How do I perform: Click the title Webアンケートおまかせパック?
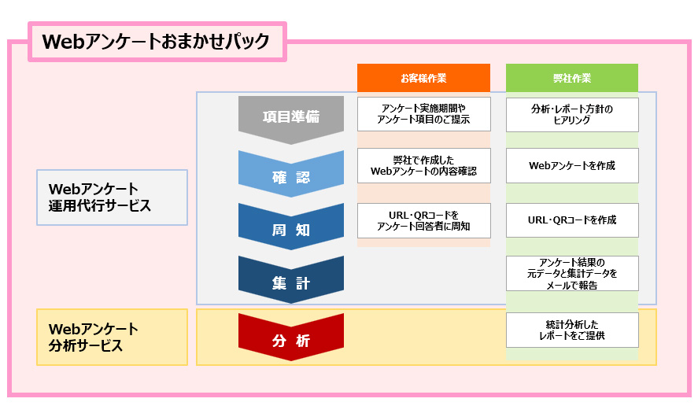tap(156, 42)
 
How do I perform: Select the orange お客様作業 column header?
tap(423, 78)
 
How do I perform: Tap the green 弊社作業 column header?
tap(572, 78)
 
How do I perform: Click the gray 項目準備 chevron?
tap(291, 117)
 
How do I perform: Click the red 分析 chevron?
tap(291, 340)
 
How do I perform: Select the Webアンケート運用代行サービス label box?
tap(112, 197)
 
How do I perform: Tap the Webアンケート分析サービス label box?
tap(112, 337)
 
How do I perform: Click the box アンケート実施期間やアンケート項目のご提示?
tap(423, 113)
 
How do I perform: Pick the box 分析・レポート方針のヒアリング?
tap(572, 114)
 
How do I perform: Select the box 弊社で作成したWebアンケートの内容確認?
tap(423, 165)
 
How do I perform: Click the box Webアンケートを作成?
tap(572, 165)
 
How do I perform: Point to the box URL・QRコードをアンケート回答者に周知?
tap(423, 220)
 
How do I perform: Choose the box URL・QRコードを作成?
tap(572, 220)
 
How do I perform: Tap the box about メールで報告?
tap(572, 273)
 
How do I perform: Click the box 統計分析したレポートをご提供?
tap(572, 330)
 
